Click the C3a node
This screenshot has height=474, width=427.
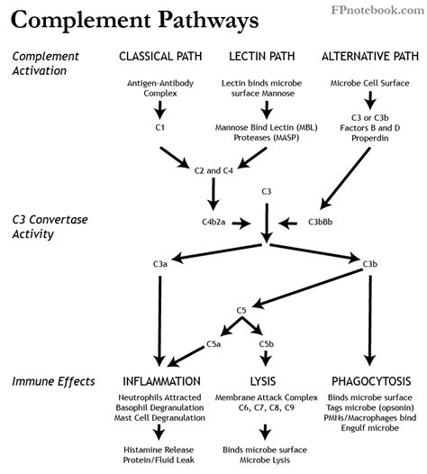159,264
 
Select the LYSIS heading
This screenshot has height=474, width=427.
267,381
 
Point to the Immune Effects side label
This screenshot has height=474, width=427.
53,381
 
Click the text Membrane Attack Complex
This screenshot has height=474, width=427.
267,397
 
